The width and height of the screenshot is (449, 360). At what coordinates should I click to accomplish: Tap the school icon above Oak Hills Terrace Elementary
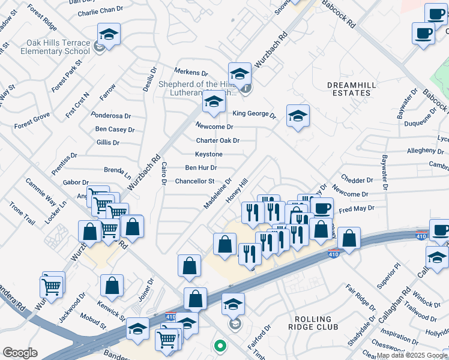click(x=109, y=34)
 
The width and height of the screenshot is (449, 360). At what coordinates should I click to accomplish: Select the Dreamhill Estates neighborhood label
click(x=351, y=89)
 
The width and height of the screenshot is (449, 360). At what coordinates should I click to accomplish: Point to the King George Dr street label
click(x=254, y=114)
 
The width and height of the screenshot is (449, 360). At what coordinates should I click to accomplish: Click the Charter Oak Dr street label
click(x=218, y=140)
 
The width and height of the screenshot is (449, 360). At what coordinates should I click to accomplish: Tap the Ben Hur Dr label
click(x=201, y=167)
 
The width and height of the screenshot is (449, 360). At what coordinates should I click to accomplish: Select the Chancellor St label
click(x=194, y=181)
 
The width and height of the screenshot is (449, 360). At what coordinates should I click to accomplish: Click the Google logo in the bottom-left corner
click(x=20, y=353)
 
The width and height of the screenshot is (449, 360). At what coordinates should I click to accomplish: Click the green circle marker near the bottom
click(x=220, y=346)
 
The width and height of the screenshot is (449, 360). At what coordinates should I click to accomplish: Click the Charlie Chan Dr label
click(x=100, y=12)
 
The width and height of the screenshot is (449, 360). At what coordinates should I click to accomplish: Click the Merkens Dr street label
click(x=191, y=72)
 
